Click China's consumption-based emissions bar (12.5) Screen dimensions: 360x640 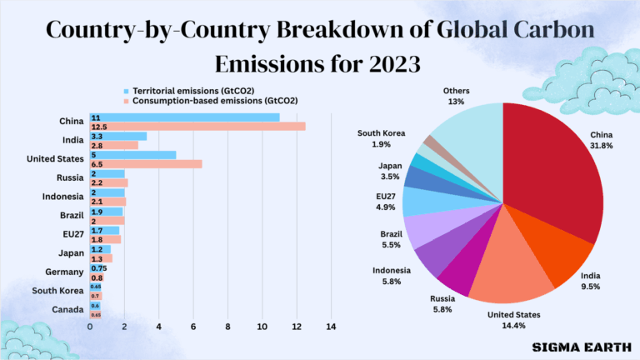click(200, 126)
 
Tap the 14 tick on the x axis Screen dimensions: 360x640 click(331, 327)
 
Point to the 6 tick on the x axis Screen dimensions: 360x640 click(193, 327)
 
